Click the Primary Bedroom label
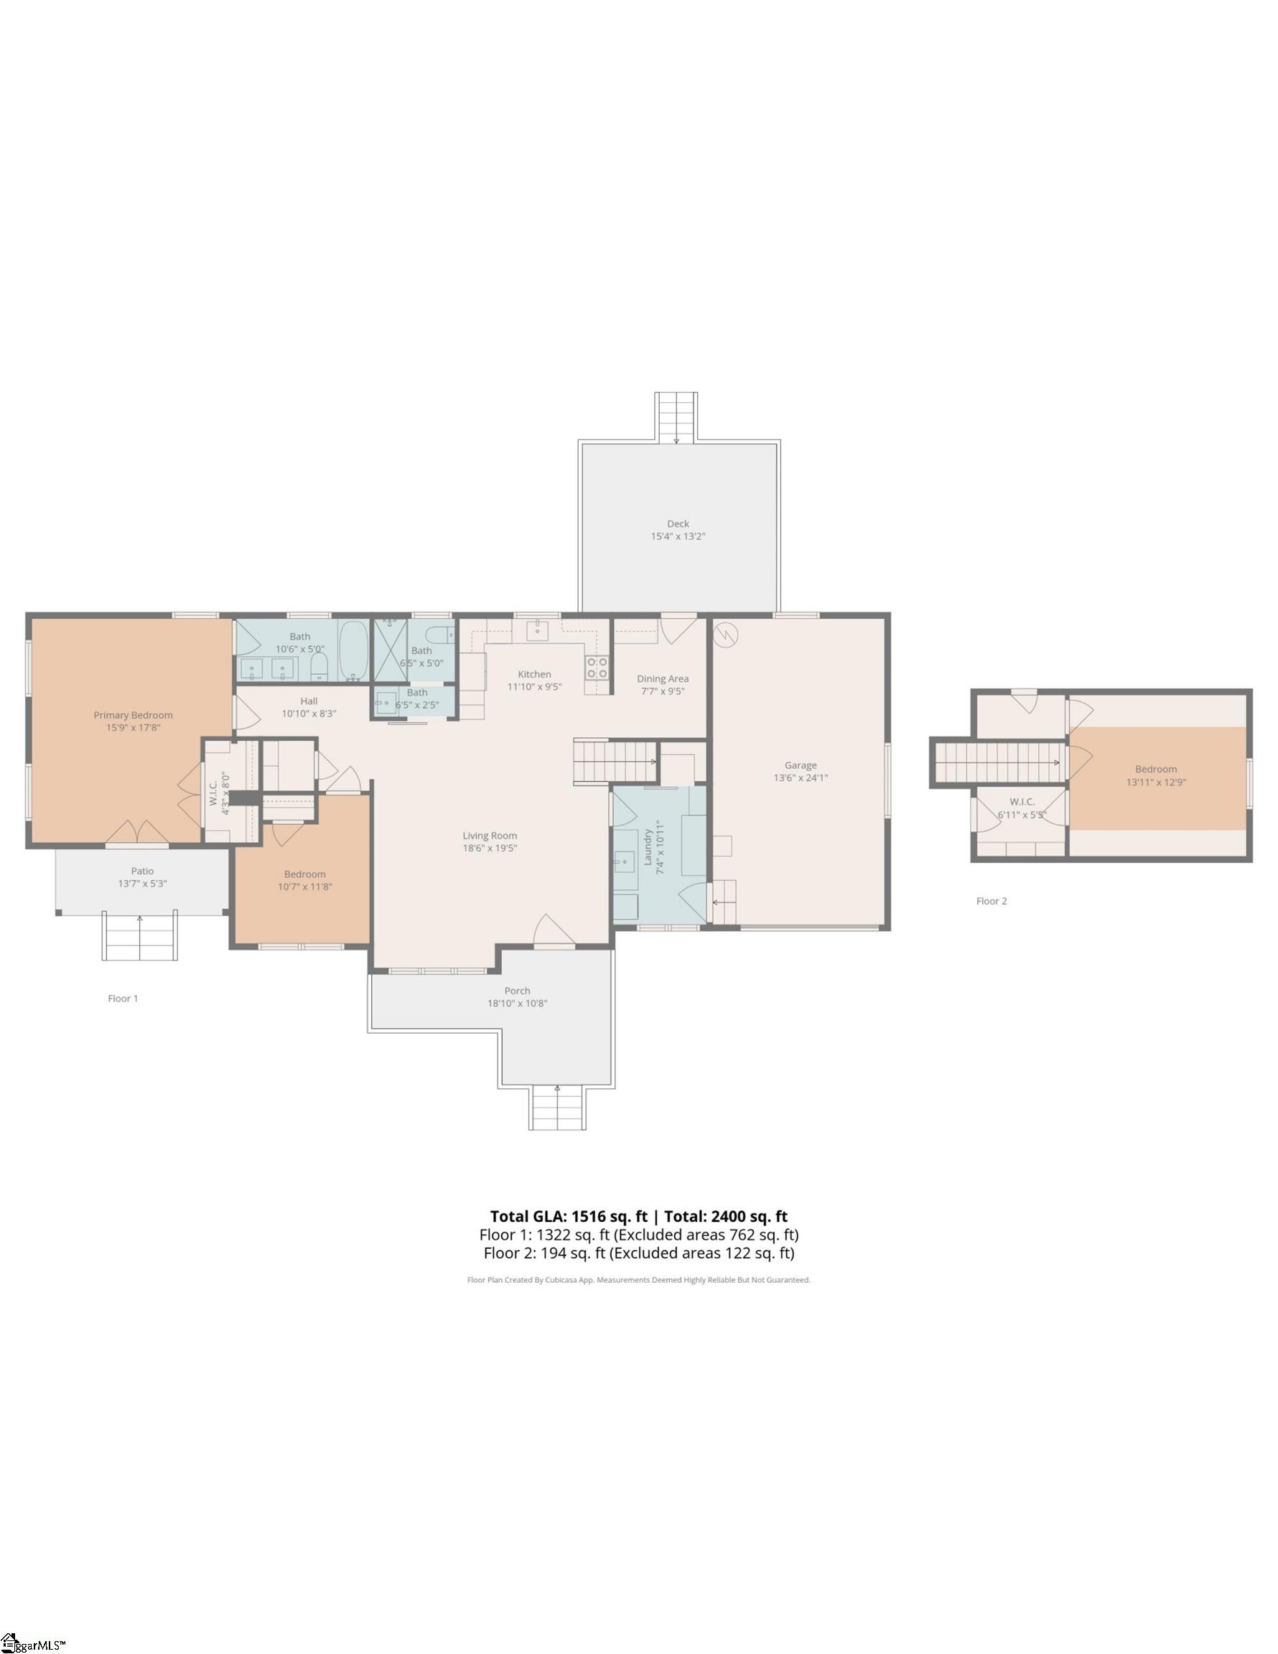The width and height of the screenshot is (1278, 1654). click(x=134, y=715)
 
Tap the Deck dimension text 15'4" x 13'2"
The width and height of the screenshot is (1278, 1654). click(x=678, y=536)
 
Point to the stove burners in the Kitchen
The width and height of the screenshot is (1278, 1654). click(x=597, y=667)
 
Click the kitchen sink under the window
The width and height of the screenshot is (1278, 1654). click(x=537, y=630)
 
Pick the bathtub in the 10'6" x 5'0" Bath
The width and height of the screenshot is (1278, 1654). click(x=353, y=650)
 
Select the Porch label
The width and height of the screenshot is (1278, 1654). click(x=518, y=991)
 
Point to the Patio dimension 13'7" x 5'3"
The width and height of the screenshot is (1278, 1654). click(x=142, y=884)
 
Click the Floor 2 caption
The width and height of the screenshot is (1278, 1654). click(x=991, y=901)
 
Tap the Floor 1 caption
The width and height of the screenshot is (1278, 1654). click(x=123, y=998)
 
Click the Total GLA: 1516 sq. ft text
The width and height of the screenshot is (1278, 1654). click(x=568, y=1217)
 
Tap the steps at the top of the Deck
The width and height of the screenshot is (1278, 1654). click(x=676, y=416)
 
